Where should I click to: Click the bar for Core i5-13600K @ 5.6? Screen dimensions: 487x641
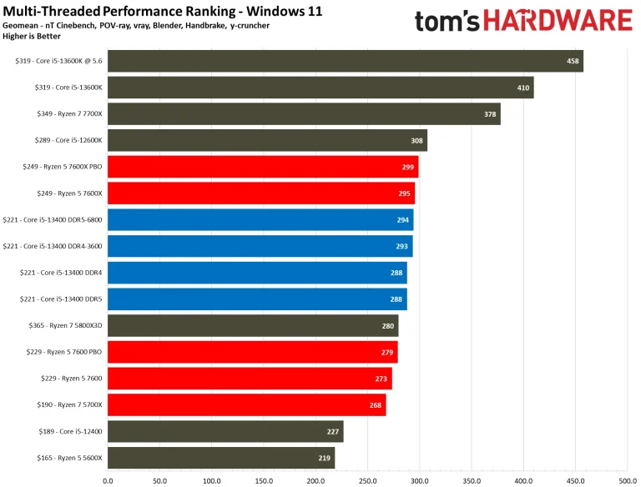coord(345,61)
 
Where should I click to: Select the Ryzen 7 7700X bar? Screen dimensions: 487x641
coord(304,113)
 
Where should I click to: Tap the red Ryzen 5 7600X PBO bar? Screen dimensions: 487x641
coord(263,167)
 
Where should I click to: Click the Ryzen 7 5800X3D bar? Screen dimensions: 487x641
coord(253,325)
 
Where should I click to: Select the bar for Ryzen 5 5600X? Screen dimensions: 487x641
coord(221,457)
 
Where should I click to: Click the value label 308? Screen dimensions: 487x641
coord(417,140)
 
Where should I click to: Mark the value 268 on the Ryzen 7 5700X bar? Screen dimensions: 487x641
coord(376,404)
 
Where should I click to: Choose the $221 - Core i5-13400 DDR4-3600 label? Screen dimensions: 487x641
coord(53,246)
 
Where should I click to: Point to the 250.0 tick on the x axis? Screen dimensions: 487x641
coord(367,479)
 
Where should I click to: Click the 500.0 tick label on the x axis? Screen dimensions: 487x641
coord(628,479)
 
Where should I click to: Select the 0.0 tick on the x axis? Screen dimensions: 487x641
coord(108,479)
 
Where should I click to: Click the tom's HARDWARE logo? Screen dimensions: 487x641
coord(523,21)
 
